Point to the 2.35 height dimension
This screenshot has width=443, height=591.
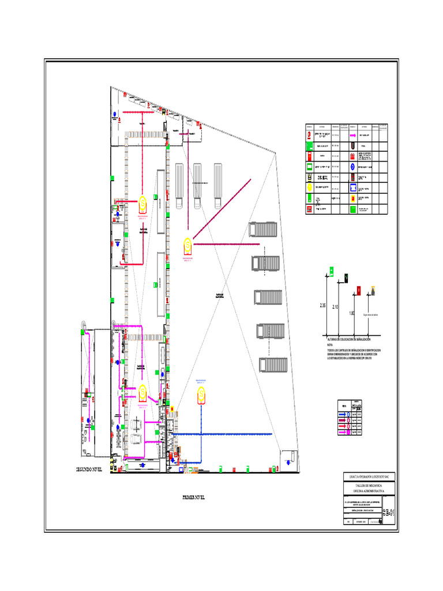pos(324,306)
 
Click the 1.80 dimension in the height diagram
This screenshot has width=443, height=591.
pos(351,313)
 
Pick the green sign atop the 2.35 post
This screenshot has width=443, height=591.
pos(332,269)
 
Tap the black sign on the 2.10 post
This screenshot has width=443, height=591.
pos(346,278)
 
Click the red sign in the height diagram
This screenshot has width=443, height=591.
pos(359,290)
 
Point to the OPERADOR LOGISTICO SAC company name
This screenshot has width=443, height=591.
pos(369,476)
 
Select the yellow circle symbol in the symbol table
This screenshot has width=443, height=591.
pos(310,187)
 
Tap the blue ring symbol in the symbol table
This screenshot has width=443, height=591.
pos(352,166)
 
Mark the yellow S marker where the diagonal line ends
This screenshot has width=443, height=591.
pos(187,245)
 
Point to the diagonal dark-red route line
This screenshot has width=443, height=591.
pos(222,208)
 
